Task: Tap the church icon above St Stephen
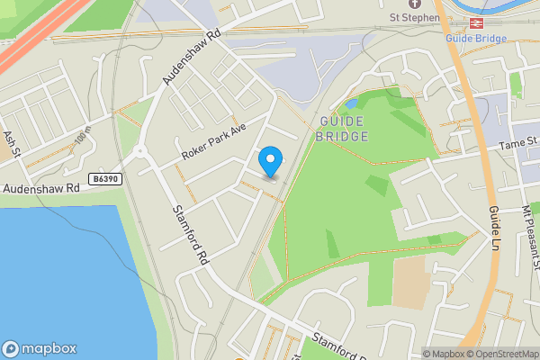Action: point(413,4)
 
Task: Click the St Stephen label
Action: point(414,17)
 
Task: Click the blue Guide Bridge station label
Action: point(477,38)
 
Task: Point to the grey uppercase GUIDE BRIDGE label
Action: point(342,128)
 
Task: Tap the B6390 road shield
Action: point(104,179)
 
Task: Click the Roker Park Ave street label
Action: point(213,142)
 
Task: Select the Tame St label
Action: point(517,142)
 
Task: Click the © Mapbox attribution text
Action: point(445,354)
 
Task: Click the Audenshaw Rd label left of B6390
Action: point(40,188)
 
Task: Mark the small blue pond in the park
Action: point(351,103)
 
